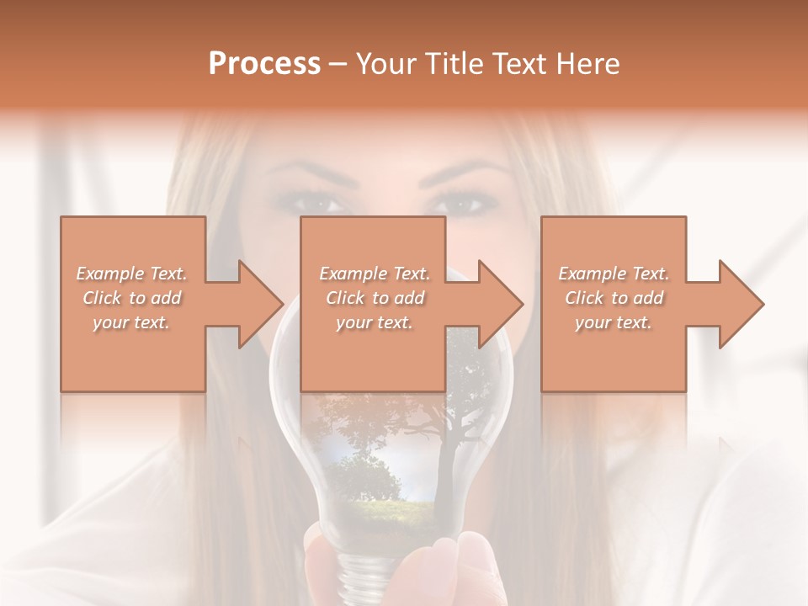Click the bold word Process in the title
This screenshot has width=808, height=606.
point(264,64)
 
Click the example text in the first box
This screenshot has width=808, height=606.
point(131,298)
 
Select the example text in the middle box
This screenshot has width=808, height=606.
point(374,298)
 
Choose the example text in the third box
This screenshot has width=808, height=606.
point(614,298)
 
